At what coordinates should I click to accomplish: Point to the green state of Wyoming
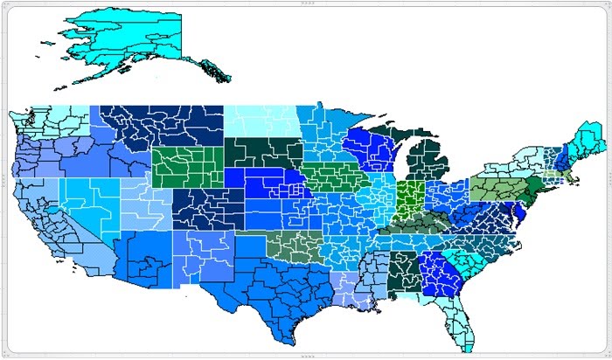[x=188, y=166]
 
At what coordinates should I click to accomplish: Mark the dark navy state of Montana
[x=166, y=127]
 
